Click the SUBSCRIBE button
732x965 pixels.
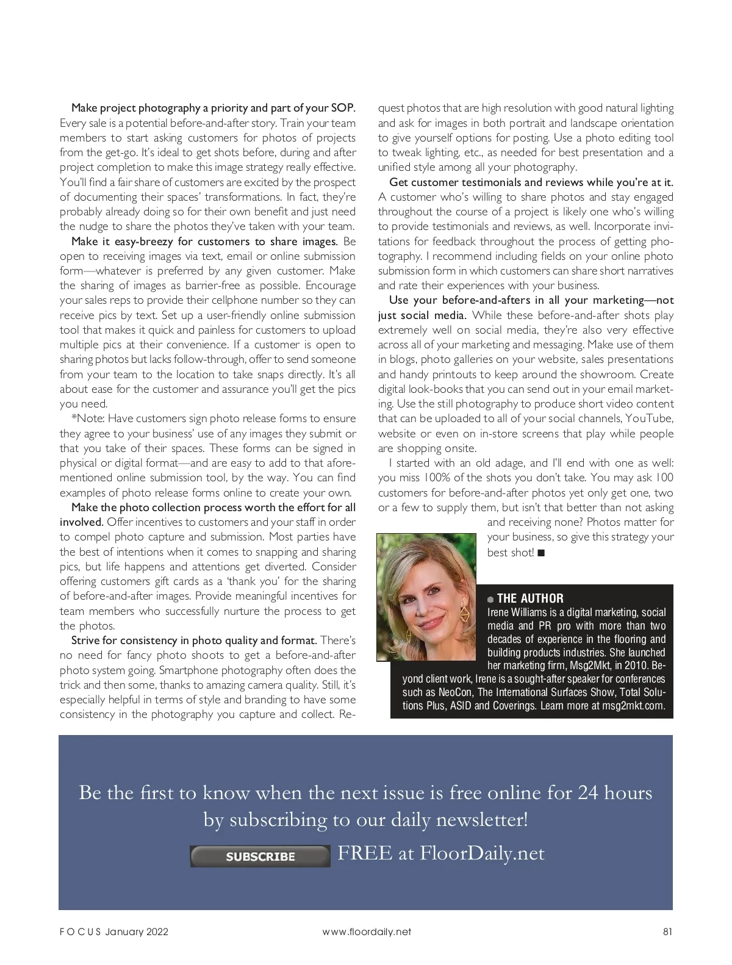pyautogui.click(x=260, y=856)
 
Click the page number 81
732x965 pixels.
pyautogui.click(x=667, y=931)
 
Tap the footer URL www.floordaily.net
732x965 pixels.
pyautogui.click(x=367, y=931)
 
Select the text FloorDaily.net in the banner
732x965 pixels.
pyautogui.click(x=482, y=853)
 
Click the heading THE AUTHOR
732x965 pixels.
pyautogui.click(x=530, y=598)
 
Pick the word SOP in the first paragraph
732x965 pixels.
pyautogui.click(x=342, y=108)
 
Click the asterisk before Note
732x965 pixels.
pyautogui.click(x=74, y=418)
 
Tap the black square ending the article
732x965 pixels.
pyautogui.click(x=541, y=553)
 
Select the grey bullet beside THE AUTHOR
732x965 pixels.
pyautogui.click(x=490, y=600)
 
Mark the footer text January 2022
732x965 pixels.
pyautogui.click(x=137, y=931)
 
